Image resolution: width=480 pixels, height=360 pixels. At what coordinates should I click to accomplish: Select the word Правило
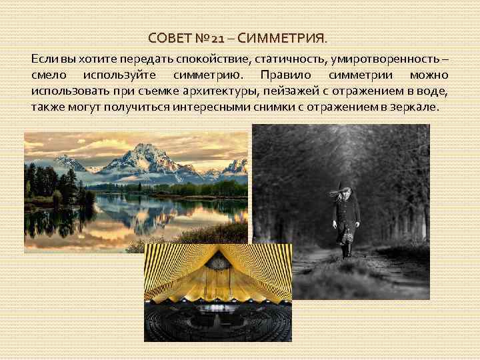[285, 75]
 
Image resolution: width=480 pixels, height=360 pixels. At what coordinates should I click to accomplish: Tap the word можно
[430, 75]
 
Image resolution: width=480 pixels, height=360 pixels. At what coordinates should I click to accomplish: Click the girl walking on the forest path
[345, 220]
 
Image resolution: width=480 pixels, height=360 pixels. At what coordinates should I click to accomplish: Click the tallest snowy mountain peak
[148, 149]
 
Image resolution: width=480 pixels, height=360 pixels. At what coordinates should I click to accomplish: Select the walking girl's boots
[346, 251]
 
